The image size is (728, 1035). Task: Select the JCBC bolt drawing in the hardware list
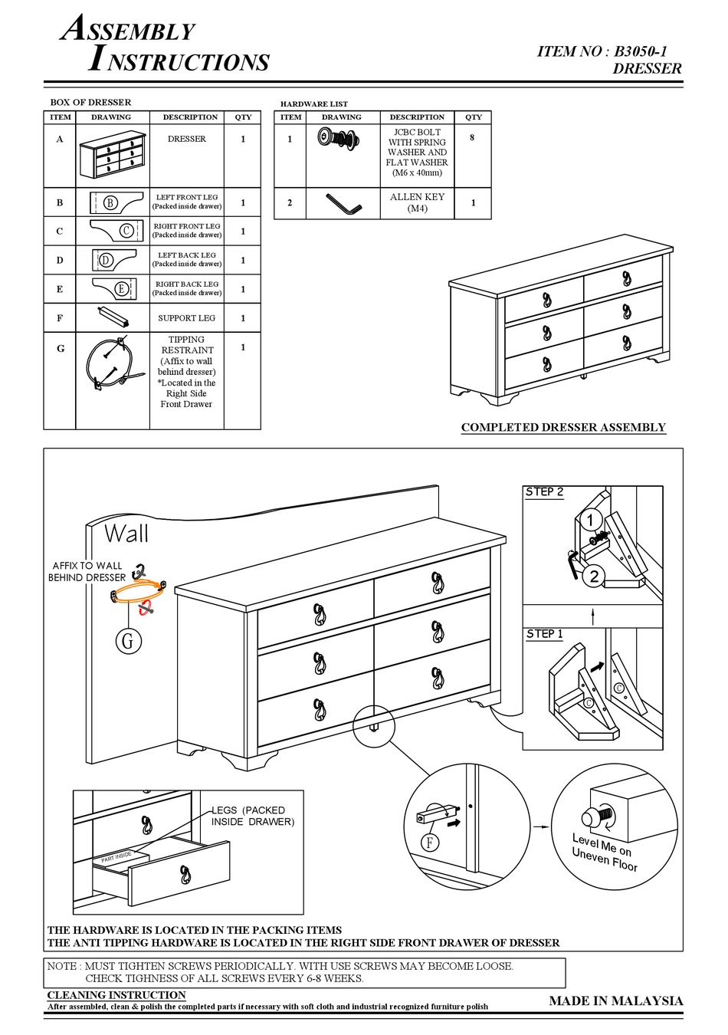coord(339,140)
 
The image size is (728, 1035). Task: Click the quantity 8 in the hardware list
coord(472,138)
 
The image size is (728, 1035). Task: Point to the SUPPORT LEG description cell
coord(186,318)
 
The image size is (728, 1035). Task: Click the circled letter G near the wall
coord(128,640)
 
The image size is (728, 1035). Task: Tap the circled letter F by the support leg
coord(430,843)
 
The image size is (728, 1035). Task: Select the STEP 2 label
coord(544,492)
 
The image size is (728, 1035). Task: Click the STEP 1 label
coord(544,634)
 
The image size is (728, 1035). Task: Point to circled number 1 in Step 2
coord(589,521)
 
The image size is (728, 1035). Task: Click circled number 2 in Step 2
coord(593,576)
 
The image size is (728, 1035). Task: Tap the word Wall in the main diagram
coord(126,534)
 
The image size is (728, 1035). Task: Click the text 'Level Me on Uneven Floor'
coord(605,852)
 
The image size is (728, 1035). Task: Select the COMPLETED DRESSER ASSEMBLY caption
coord(563,428)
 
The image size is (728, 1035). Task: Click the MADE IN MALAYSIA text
coord(615,1001)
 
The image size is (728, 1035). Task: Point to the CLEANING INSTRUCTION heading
coord(116,995)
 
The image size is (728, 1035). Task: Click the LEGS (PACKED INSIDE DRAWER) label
coord(252,816)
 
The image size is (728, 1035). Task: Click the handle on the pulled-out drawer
coord(185,873)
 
